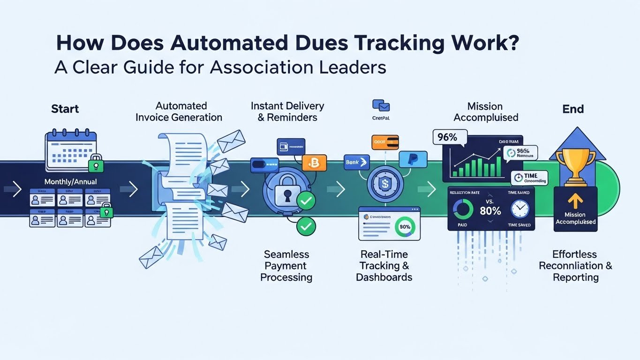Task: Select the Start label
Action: tap(65, 109)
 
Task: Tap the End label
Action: tap(573, 109)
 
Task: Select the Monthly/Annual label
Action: tap(70, 181)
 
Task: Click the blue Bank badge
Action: tap(356, 162)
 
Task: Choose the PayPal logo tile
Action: tap(413, 159)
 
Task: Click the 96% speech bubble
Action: tap(450, 137)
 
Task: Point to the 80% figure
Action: tap(490, 211)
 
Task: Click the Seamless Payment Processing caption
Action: tap(286, 266)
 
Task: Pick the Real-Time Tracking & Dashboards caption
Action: tap(384, 266)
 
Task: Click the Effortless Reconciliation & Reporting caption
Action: tap(575, 266)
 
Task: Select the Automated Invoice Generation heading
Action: tap(179, 112)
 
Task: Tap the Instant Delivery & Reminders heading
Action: tap(287, 112)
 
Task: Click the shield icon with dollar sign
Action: tap(384, 181)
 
